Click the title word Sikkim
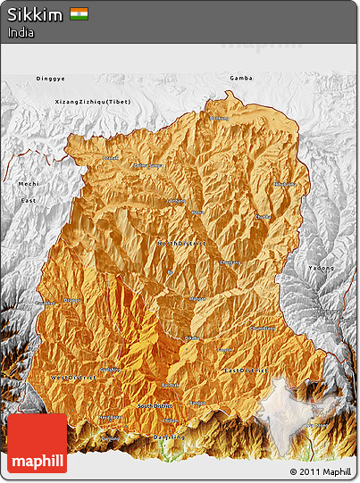[32, 14]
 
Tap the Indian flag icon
[80, 14]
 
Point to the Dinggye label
[50, 79]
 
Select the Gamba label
[240, 79]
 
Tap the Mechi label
[29, 184]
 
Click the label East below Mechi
[29, 201]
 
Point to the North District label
[181, 243]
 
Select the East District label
[246, 370]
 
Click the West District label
[74, 378]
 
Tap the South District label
[157, 407]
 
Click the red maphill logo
[37, 443]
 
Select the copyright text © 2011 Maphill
[319, 471]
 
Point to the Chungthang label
[230, 262]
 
